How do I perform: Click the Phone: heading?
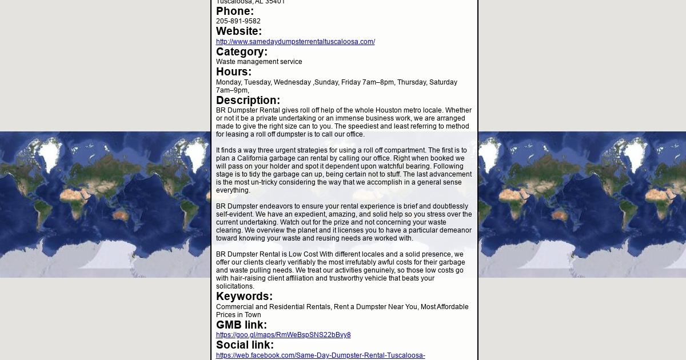tap(235, 11)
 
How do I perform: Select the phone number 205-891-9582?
tap(238, 21)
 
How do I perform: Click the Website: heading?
tap(239, 31)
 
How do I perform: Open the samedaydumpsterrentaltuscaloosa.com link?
tap(296, 42)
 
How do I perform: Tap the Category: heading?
tap(242, 52)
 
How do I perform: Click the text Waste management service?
tap(259, 62)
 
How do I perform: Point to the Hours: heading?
tap(234, 72)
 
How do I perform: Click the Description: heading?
tap(248, 101)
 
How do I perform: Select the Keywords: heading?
tap(244, 297)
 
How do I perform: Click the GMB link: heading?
tap(241, 325)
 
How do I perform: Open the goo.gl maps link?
tap(283, 335)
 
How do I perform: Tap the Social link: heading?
tap(245, 345)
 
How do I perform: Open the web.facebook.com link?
tap(320, 355)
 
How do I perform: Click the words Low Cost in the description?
tap(303, 254)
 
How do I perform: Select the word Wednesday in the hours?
tap(292, 82)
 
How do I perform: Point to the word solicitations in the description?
tap(234, 286)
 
